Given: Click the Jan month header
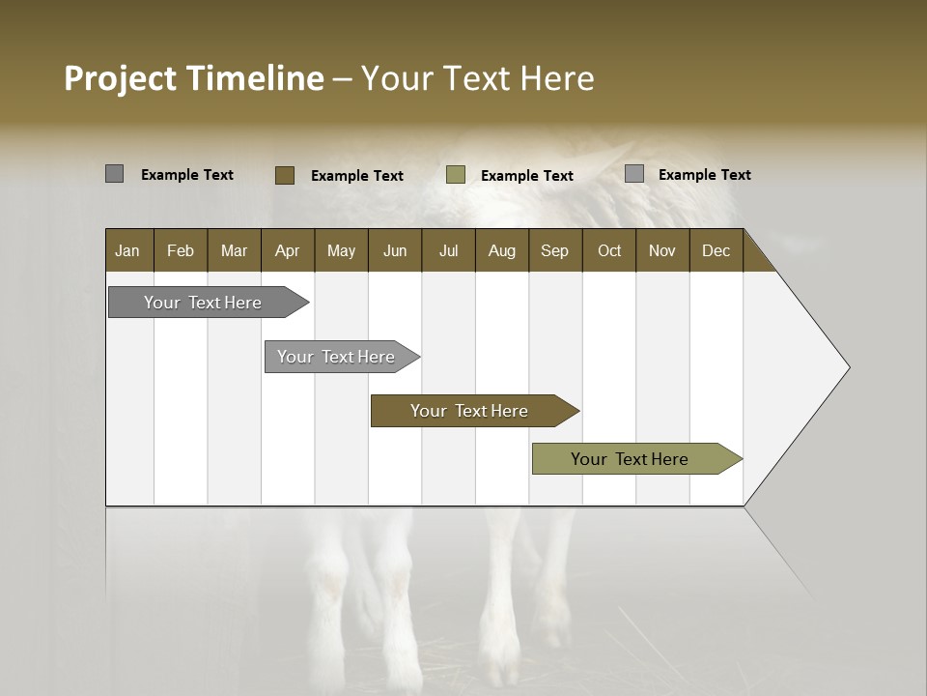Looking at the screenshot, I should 127,250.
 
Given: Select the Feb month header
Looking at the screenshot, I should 181,250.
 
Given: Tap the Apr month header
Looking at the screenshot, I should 287,250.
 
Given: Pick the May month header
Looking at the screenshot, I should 341,250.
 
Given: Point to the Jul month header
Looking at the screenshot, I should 448,250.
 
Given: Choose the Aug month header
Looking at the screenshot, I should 501,250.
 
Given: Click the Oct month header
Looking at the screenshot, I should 609,250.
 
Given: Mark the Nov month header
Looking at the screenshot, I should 661,250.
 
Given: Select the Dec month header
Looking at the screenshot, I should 716,250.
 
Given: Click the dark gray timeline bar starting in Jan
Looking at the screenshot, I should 204,303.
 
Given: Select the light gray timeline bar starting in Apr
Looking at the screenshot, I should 337,357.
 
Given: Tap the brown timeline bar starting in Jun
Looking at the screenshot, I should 470,411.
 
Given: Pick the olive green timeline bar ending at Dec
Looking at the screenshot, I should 631,459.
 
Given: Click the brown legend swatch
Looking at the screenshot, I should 284,175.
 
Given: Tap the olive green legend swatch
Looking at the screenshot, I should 456,175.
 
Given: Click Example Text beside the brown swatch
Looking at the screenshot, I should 356,176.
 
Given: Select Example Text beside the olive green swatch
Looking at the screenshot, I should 526,176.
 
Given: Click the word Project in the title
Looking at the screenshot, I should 121,78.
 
